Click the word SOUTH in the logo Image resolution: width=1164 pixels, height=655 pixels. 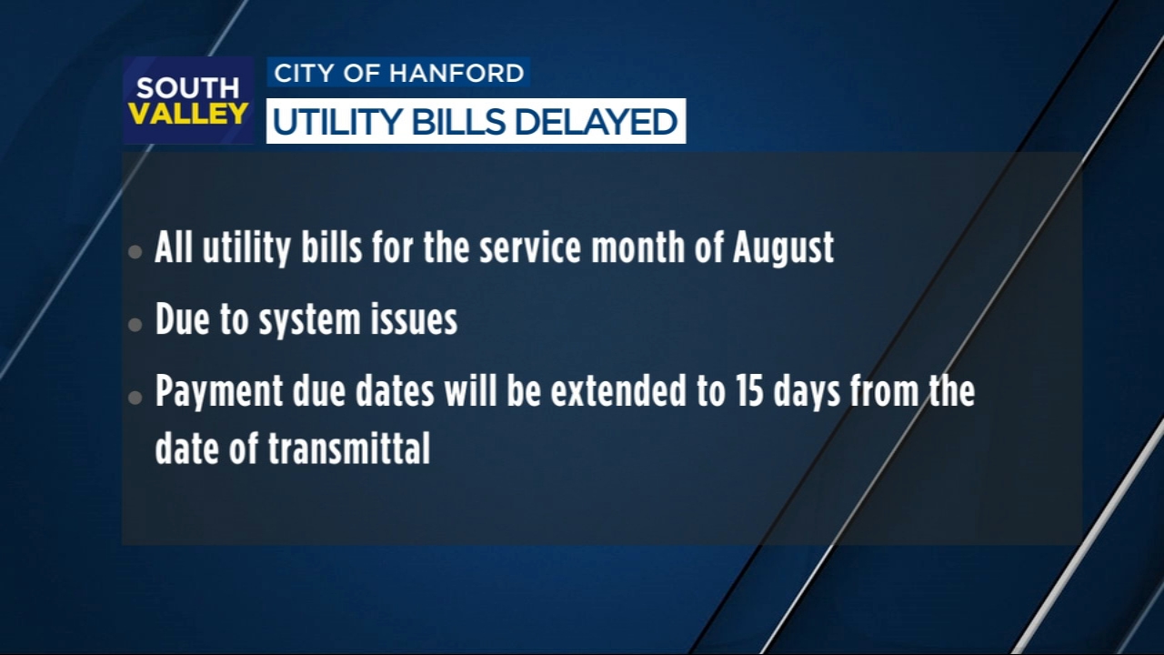click(187, 88)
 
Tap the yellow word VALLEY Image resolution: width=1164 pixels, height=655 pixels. click(188, 114)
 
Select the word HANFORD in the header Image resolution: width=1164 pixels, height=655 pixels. click(457, 73)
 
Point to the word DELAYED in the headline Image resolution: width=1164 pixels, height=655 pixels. click(596, 122)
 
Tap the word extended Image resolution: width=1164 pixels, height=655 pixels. click(618, 391)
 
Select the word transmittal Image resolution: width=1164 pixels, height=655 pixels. click(349, 448)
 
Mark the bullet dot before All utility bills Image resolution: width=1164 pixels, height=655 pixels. click(135, 252)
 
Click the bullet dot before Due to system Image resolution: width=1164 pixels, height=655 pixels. click(135, 325)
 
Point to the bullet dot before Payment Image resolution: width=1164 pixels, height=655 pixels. click(135, 398)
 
